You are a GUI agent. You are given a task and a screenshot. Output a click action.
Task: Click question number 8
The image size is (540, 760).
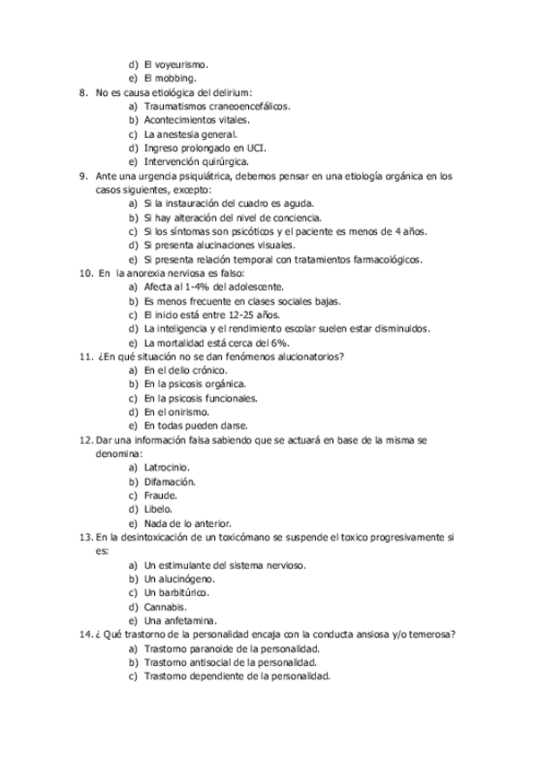(82, 91)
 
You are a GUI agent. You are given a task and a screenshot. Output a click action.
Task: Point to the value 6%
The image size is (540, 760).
(263, 342)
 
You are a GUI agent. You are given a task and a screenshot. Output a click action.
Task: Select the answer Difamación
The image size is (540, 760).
(169, 481)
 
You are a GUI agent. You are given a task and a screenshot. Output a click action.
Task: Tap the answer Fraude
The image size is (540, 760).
(160, 495)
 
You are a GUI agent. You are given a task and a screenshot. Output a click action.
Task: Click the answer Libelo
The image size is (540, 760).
(159, 509)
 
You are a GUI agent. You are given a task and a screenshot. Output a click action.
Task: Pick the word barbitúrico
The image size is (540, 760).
(184, 592)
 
